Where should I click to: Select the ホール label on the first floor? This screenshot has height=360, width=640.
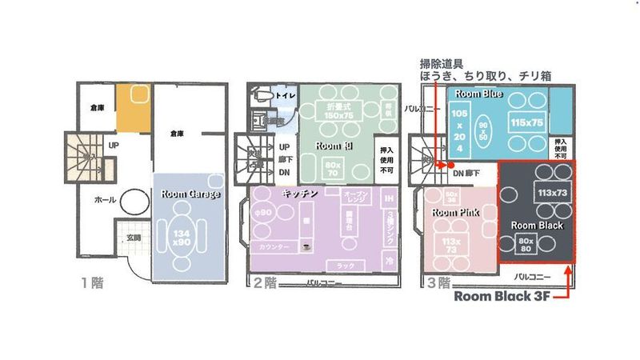pyautogui.click(x=104, y=199)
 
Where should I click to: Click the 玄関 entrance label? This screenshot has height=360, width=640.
pyautogui.click(x=133, y=237)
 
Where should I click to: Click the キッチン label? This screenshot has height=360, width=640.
pyautogui.click(x=300, y=194)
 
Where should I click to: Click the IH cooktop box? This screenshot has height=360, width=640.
pyautogui.click(x=389, y=198)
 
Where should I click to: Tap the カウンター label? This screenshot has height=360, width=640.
pyautogui.click(x=274, y=248)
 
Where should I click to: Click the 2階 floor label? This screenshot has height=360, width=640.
pyautogui.click(x=264, y=282)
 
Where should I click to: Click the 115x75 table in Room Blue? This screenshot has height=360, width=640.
pyautogui.click(x=527, y=122)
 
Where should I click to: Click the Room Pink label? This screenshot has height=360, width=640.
pyautogui.click(x=454, y=213)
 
